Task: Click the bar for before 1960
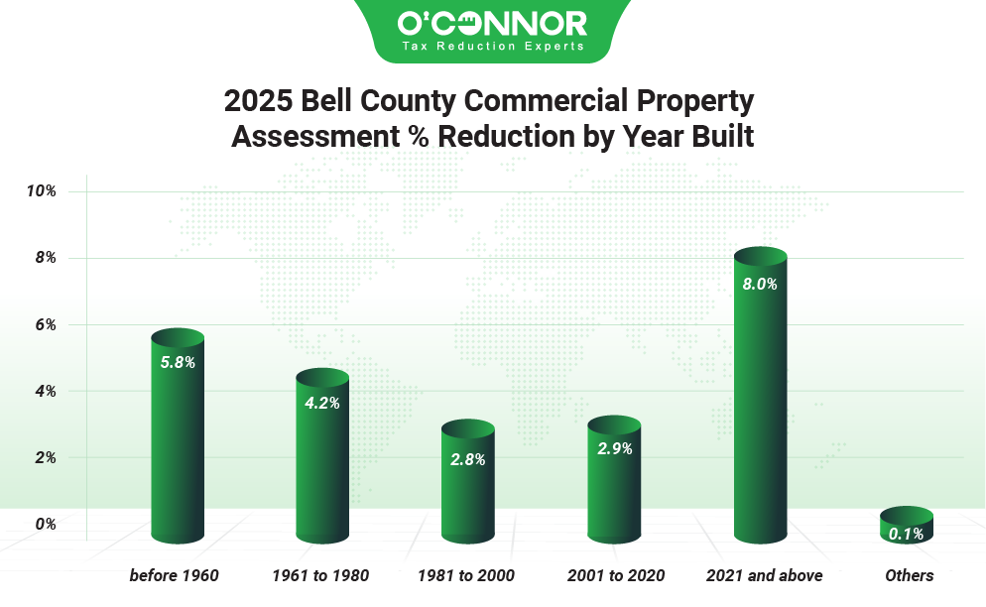click(178, 436)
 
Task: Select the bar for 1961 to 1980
click(322, 456)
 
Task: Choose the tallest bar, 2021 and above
click(760, 397)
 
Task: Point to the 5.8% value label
click(178, 362)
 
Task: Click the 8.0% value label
click(760, 284)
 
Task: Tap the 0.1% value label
click(907, 534)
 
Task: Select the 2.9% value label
click(614, 448)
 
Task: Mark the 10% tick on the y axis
click(42, 190)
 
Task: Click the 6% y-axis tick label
click(46, 324)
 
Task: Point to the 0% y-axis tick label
click(46, 524)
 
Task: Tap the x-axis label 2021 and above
click(764, 575)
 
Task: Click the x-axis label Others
click(909, 575)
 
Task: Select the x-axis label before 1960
click(174, 575)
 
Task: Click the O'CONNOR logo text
click(492, 22)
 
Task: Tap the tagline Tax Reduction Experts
click(492, 46)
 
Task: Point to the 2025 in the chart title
click(253, 101)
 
